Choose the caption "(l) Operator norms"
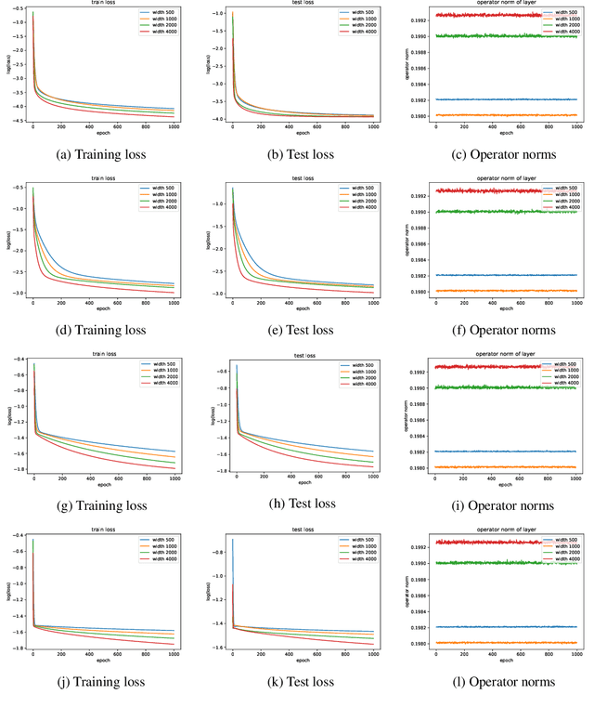click(495, 682)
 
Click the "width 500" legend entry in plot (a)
click(161, 15)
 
